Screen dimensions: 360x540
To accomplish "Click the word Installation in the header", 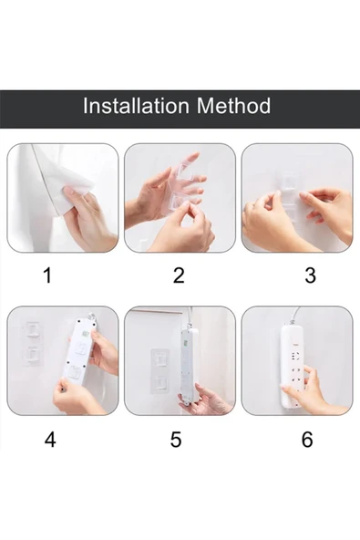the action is point(136,106).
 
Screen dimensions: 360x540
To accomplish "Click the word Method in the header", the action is point(233,106).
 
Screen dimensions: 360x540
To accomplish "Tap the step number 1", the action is point(47,275).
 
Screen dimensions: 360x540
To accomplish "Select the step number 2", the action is point(179,275).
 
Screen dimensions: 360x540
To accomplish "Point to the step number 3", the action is point(310,275).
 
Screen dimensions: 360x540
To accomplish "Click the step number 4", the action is point(50,440).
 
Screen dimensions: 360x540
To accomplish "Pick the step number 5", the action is point(176,440).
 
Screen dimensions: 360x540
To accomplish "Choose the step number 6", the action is point(307,440).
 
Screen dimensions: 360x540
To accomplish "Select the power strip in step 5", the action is point(190,365).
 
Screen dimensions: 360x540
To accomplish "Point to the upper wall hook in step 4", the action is point(32,330).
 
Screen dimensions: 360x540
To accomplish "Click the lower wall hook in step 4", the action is point(33,355).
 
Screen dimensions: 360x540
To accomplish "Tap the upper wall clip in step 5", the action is point(160,360).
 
